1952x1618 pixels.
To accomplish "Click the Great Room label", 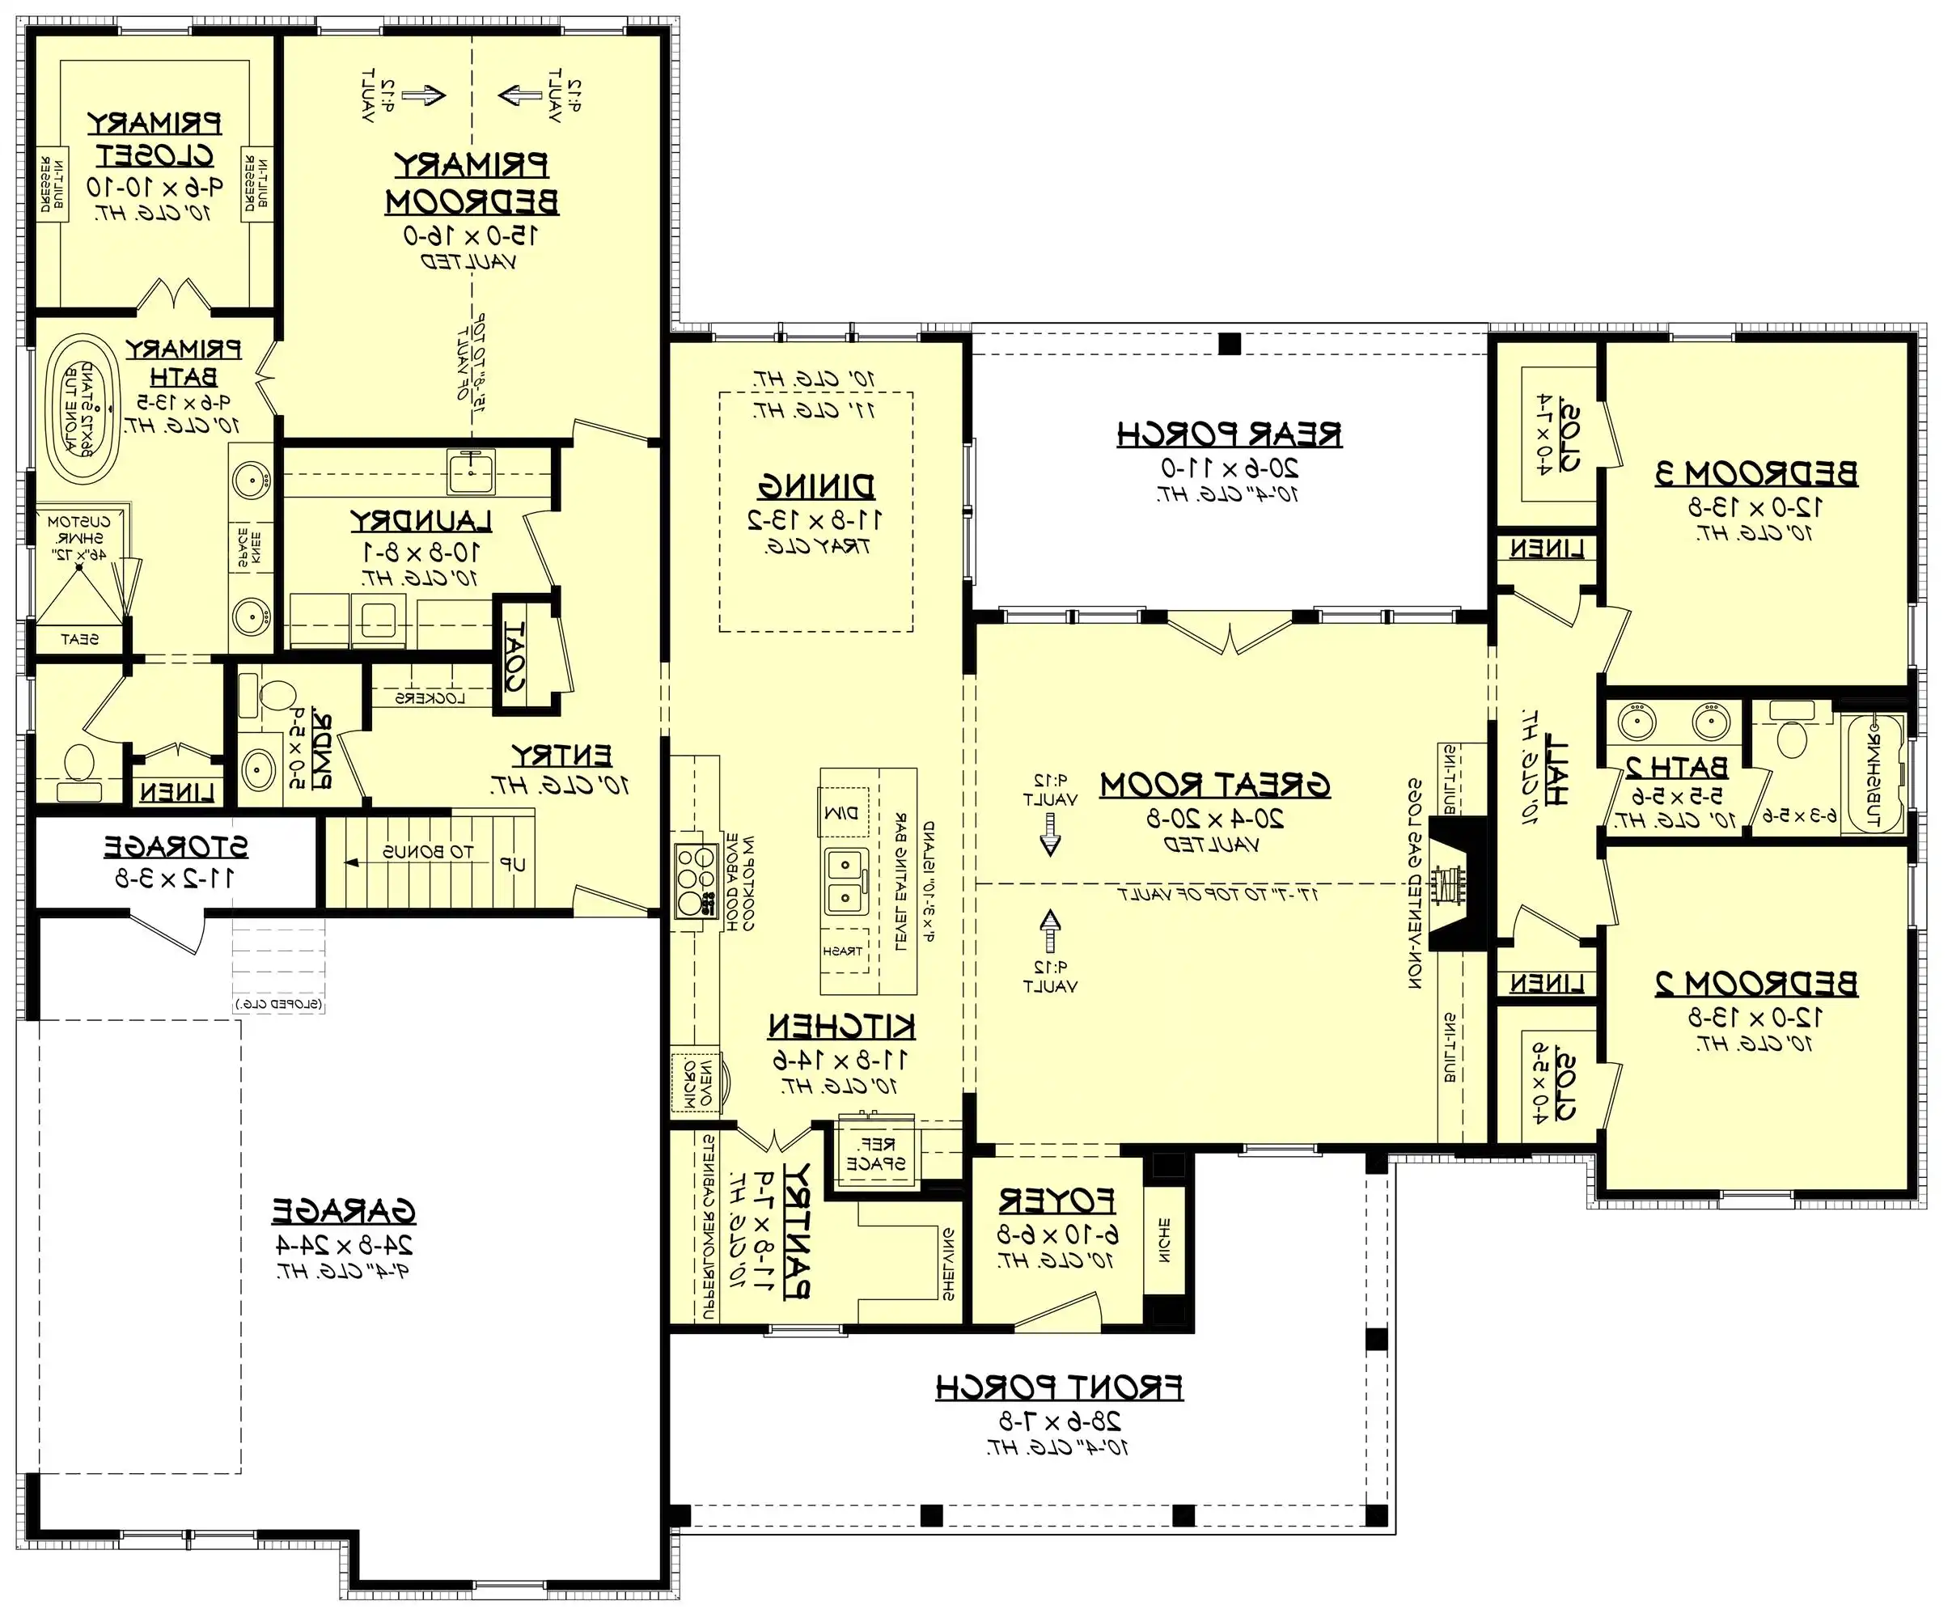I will pos(1215,786).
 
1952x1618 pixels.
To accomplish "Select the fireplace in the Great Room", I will pos(1447,883).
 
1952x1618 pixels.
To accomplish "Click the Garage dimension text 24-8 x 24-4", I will pos(344,1245).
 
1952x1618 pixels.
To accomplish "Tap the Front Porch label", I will pos(1060,1387).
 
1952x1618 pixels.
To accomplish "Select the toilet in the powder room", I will pos(276,695).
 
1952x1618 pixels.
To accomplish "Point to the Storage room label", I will pos(176,847).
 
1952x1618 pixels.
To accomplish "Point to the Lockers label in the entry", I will pos(430,698).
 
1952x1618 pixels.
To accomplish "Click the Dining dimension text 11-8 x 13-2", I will pos(815,519).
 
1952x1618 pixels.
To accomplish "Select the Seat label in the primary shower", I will pos(79,639).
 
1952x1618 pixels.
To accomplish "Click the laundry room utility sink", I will pos(472,471).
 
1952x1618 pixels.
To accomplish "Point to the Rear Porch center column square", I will pos(1229,343).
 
